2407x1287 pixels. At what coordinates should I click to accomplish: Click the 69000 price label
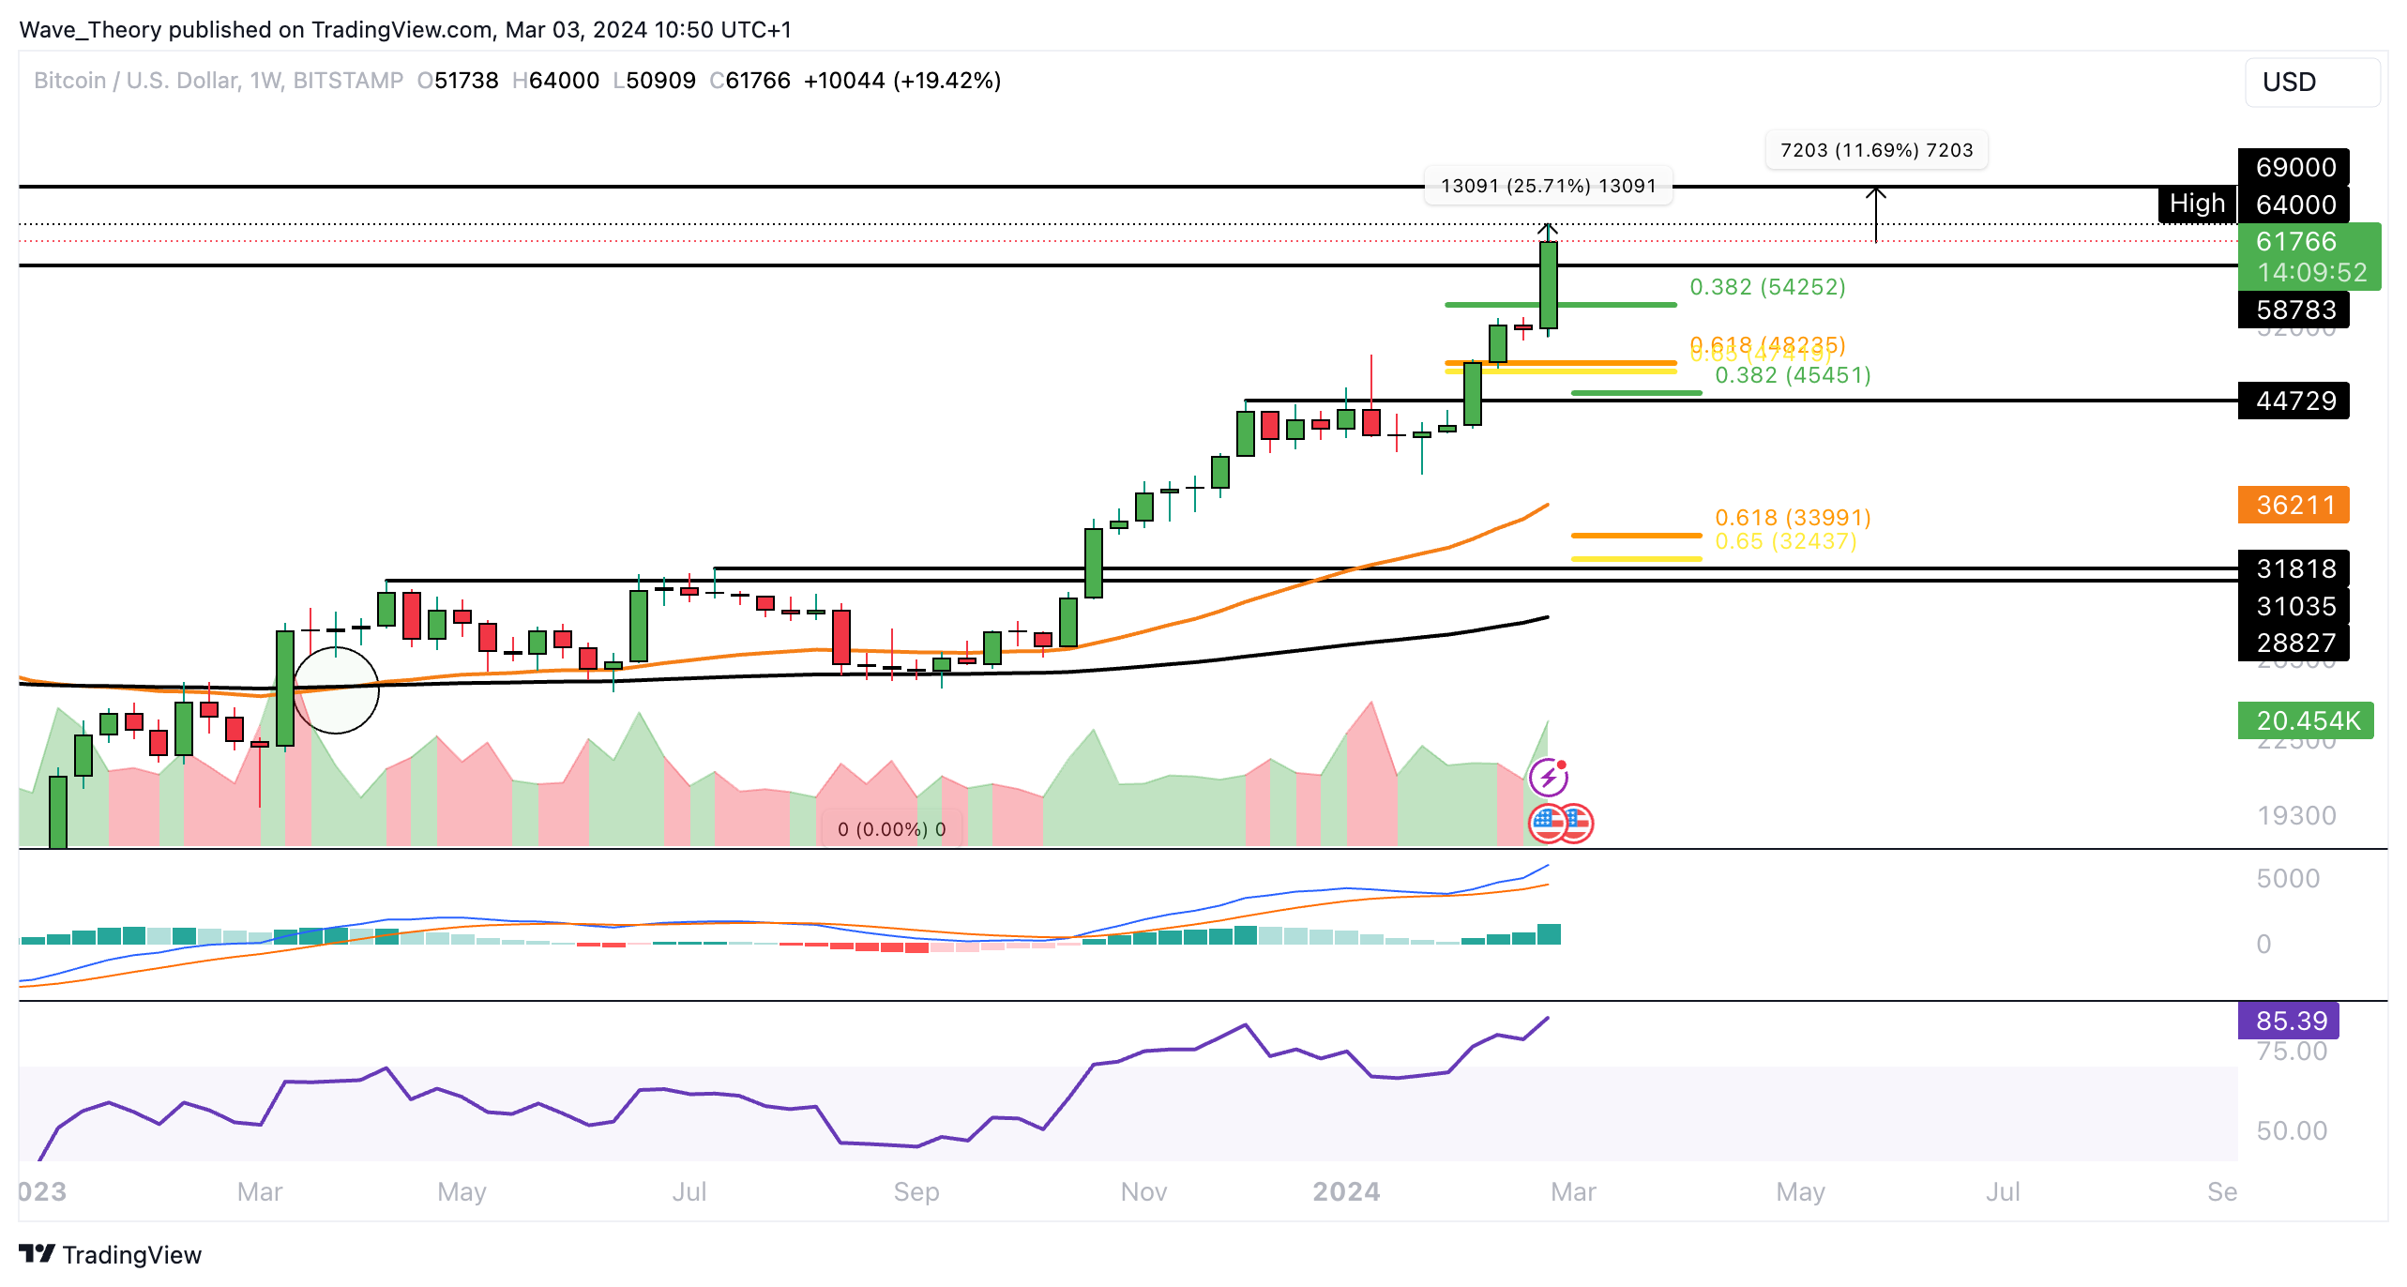click(2293, 167)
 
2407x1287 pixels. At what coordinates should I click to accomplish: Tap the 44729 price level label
click(2293, 401)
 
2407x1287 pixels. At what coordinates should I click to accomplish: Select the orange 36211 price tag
click(2293, 505)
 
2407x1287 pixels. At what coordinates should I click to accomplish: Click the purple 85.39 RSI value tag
click(2289, 1021)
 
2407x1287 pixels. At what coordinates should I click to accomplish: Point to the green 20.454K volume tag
click(2306, 720)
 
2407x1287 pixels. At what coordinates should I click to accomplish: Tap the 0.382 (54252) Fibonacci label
click(1767, 287)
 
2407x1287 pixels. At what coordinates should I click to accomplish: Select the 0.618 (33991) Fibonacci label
click(1793, 517)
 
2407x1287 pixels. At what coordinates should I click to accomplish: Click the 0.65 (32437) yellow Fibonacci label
click(1785, 541)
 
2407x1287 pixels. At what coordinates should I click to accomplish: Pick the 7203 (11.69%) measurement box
click(1876, 150)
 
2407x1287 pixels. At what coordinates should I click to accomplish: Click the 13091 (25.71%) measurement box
click(1548, 186)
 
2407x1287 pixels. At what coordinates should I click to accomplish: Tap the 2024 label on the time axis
click(1346, 1191)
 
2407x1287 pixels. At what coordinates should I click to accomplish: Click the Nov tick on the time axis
click(1143, 1191)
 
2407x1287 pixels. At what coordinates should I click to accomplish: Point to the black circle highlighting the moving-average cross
click(336, 690)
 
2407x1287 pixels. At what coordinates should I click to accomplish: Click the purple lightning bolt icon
click(1548, 777)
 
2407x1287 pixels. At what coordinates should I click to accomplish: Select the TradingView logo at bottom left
click(111, 1255)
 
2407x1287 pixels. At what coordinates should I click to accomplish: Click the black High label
click(2197, 204)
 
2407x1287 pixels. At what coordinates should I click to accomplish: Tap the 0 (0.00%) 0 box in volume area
click(891, 829)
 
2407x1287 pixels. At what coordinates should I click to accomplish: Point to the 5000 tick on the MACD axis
click(2287, 878)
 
